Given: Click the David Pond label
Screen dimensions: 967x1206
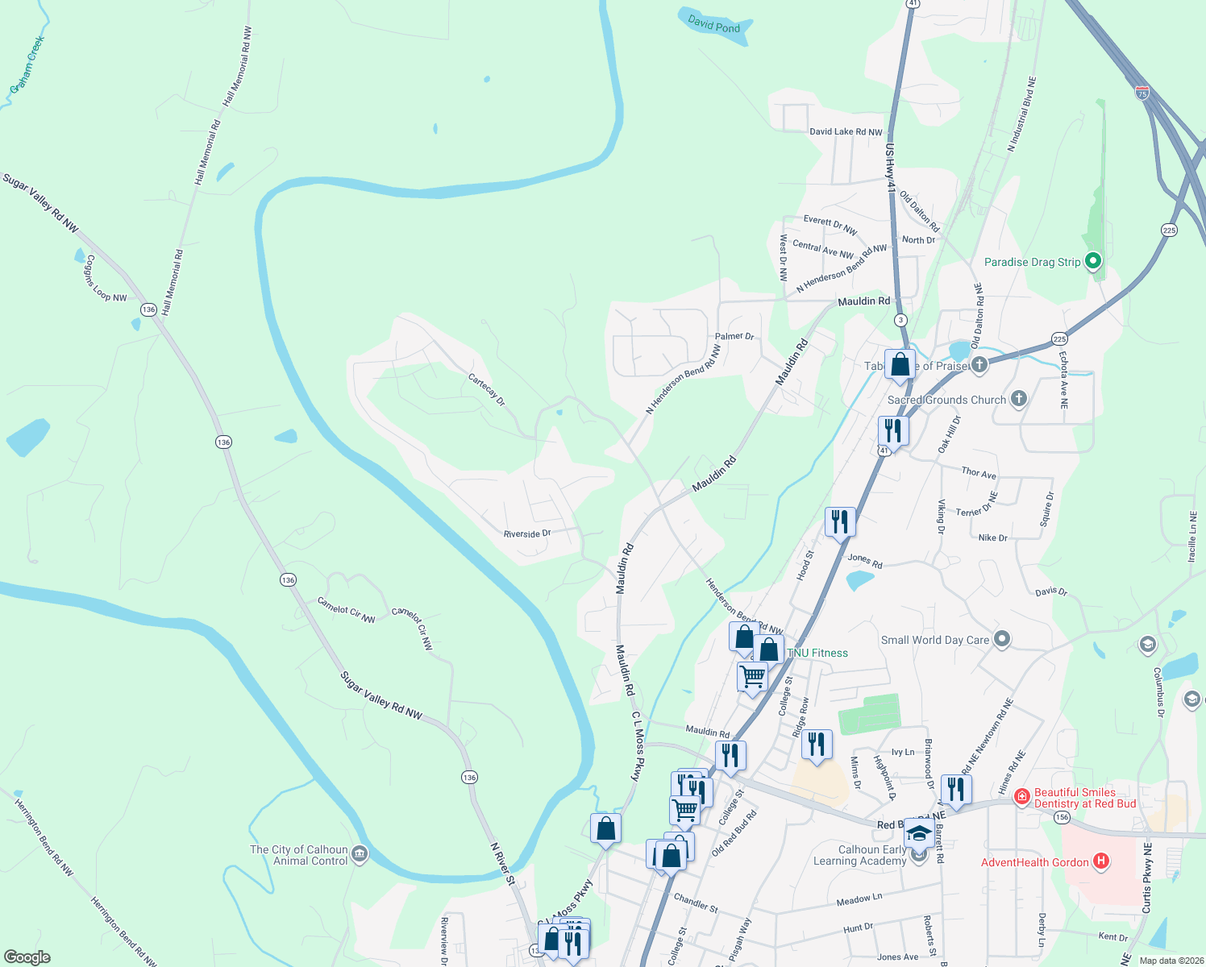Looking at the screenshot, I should coord(713,24).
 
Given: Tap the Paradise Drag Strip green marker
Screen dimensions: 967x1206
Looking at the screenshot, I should coord(1093,261).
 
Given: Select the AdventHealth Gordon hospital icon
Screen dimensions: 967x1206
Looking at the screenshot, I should coord(1100,862).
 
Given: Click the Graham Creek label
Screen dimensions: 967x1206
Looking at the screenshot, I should coord(27,64).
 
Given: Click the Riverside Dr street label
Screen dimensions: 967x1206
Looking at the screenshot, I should coord(526,533).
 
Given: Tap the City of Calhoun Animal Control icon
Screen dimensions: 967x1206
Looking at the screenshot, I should coord(360,853).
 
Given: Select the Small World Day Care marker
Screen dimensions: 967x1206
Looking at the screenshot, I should coord(1002,640).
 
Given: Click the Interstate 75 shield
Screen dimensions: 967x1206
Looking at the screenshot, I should coord(1142,93).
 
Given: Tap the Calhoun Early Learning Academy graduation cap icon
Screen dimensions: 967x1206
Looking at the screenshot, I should coord(918,834).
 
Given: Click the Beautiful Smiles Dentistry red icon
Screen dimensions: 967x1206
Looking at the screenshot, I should coord(1021,797).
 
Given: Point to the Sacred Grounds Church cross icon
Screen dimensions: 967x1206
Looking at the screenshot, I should coord(1019,399).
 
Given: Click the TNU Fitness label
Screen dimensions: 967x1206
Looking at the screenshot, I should coord(817,653).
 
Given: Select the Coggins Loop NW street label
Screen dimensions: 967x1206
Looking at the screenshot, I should coord(106,279).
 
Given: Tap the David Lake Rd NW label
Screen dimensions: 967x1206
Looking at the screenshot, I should coord(846,131).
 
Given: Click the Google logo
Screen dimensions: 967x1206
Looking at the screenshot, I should coord(27,957).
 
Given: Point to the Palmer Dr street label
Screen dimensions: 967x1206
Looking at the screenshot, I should coord(734,336).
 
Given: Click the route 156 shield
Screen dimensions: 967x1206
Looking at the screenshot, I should coord(1062,817).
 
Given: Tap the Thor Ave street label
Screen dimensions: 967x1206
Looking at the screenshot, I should coord(979,473).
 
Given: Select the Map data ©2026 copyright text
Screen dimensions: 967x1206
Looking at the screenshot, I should coord(1168,961).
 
